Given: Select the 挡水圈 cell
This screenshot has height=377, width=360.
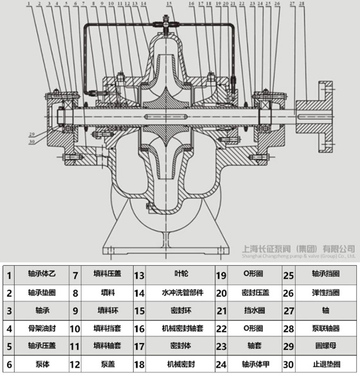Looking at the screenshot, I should tap(248, 310).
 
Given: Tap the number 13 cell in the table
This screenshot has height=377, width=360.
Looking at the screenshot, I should tap(139, 275).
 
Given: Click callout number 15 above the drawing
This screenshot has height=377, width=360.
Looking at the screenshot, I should tap(168, 4).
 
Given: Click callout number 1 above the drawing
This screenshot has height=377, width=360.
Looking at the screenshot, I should tap(29, 4).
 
